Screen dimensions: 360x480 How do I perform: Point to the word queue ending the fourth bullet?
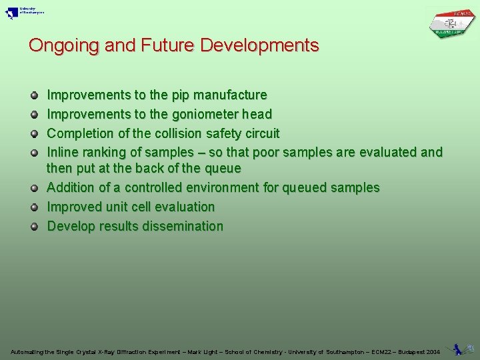[x=223, y=169]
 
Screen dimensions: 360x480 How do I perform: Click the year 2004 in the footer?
[x=433, y=352]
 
